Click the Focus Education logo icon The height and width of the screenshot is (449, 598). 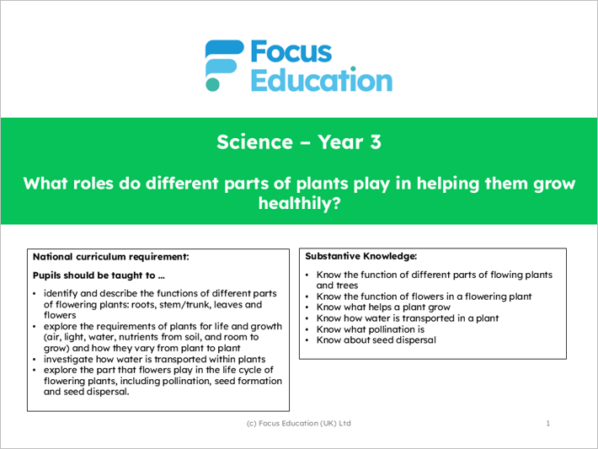point(224,65)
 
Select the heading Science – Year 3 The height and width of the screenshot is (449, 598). point(299,142)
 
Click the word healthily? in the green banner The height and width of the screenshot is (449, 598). point(299,203)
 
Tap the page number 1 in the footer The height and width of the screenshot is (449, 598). point(547,423)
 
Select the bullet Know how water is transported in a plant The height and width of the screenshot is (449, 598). point(408,318)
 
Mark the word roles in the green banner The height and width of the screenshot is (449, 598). point(91,183)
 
